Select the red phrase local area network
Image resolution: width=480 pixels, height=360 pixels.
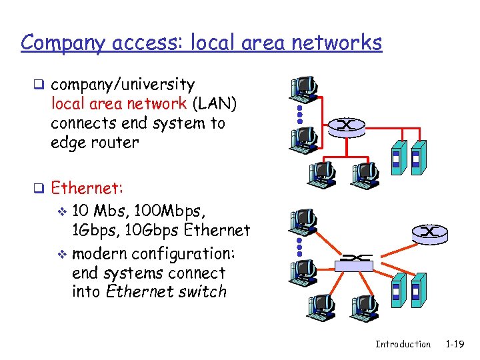point(119,104)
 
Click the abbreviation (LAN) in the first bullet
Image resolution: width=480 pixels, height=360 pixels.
point(214,104)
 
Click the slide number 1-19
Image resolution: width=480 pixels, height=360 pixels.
point(455,344)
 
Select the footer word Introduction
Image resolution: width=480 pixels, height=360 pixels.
point(403,344)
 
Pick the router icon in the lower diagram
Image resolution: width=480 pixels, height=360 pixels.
point(429,233)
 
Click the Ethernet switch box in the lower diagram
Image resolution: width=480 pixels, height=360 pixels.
point(351,264)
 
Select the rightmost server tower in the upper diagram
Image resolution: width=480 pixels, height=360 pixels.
point(417,157)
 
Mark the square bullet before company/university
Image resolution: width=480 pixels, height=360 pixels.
point(41,85)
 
